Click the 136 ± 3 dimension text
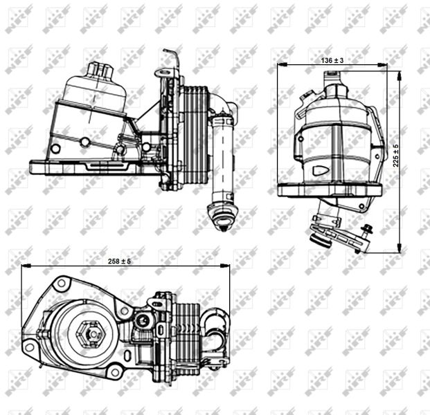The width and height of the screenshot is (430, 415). coord(332,61)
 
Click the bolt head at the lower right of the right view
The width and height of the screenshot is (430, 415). coord(367,230)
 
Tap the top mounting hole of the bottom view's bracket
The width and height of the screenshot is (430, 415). coord(62,284)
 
